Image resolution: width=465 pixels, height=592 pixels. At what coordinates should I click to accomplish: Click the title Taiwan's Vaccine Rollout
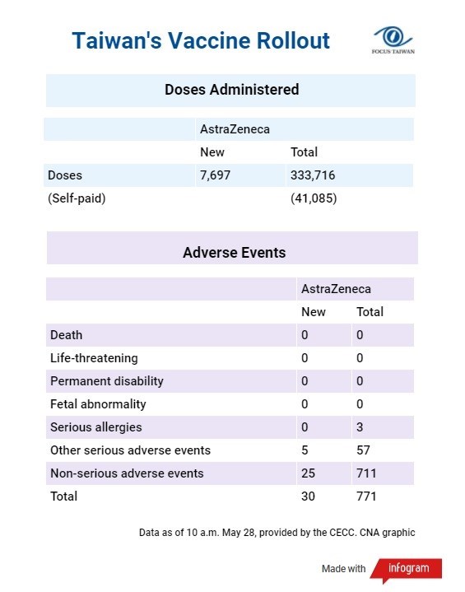tap(201, 40)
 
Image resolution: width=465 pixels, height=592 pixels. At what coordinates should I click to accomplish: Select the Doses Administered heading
tap(232, 90)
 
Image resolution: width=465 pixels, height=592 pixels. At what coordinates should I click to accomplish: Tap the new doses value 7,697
tap(215, 175)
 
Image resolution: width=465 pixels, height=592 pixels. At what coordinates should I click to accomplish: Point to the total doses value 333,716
tap(313, 175)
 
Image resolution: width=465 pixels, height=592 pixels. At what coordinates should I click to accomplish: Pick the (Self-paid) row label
tap(77, 198)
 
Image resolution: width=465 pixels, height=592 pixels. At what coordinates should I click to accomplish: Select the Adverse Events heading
tap(234, 253)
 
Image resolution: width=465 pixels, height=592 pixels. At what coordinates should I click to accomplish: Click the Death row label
tap(67, 335)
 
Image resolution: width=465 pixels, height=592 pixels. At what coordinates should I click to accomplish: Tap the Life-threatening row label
tap(94, 358)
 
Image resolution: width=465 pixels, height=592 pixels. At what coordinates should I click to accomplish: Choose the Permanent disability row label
tap(107, 381)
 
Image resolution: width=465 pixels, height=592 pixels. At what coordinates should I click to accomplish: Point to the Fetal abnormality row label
tap(98, 404)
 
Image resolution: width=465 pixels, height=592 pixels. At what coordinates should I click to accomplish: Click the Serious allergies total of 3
tap(360, 427)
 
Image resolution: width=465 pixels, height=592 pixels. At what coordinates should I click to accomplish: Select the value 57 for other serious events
tap(363, 450)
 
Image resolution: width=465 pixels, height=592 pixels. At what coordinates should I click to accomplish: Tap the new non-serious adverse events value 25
tap(308, 473)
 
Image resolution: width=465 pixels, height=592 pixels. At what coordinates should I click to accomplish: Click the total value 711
tap(366, 473)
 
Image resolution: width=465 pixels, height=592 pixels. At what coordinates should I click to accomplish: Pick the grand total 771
tap(366, 496)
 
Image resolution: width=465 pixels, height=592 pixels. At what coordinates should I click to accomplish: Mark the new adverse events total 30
tap(308, 496)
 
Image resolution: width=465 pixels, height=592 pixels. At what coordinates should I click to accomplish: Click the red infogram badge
tap(407, 569)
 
